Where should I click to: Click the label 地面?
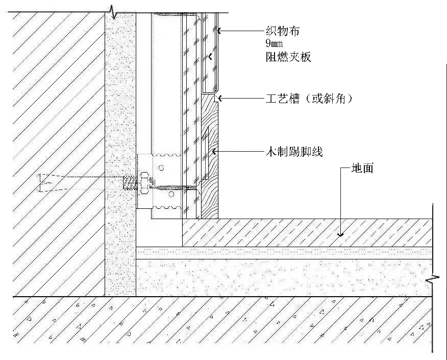362,167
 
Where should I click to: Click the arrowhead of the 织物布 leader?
218,31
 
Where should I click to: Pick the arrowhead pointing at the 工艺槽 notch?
218,98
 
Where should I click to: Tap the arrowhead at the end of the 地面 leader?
340,234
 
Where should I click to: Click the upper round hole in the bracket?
161,167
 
